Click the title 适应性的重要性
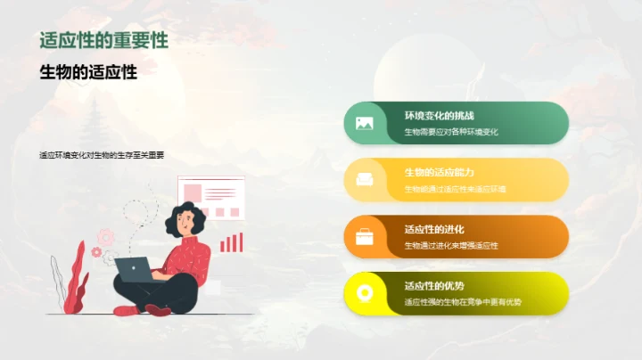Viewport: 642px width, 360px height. (103, 41)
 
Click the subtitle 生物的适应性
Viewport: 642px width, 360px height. (88, 72)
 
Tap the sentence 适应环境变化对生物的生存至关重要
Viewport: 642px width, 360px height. (102, 154)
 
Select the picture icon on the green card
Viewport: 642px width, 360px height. (364, 123)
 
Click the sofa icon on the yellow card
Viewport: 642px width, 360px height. (364, 180)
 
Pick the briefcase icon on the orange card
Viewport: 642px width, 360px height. (364, 237)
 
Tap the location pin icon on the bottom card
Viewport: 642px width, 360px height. (364, 293)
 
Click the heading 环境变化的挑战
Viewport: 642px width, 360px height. (439, 116)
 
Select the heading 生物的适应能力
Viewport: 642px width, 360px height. (439, 172)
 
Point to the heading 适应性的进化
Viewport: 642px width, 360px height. (434, 229)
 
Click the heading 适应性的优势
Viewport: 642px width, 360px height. (434, 286)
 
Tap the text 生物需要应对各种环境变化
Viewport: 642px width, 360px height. (450, 132)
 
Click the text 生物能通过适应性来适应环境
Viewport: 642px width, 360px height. (455, 189)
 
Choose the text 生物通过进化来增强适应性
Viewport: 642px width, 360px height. (450, 245)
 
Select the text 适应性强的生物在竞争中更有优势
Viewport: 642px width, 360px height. (463, 302)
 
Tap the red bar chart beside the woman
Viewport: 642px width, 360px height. (231, 241)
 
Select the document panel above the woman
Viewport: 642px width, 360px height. (211, 197)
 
